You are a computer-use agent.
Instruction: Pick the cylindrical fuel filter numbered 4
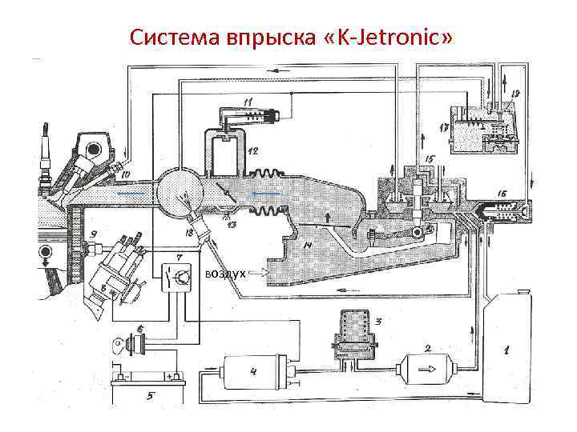point(248,372)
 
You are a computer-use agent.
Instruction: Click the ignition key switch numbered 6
point(131,345)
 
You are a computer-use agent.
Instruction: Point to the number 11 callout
point(248,102)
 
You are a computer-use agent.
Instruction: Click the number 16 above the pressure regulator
point(501,193)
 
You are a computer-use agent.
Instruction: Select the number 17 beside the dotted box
point(443,127)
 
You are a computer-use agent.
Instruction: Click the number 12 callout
point(253,150)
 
